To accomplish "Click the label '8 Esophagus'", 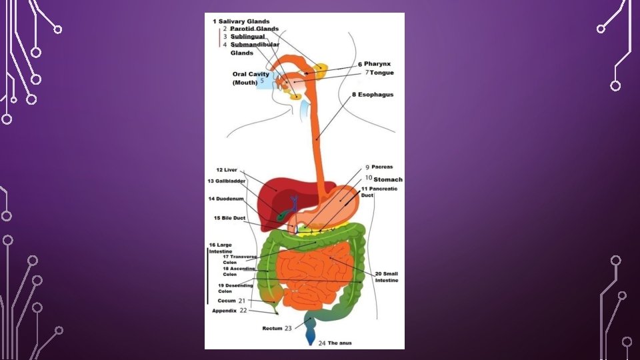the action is pyautogui.click(x=373, y=95).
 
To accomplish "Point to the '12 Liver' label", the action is pyautogui.click(x=227, y=170).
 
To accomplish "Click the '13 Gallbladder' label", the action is pyautogui.click(x=227, y=181).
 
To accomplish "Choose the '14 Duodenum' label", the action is pyautogui.click(x=226, y=199).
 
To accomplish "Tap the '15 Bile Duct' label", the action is pyautogui.click(x=229, y=218).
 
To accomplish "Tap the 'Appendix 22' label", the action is pyautogui.click(x=229, y=311).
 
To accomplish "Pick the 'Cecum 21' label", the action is pyautogui.click(x=232, y=301).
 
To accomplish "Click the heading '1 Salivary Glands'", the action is pyautogui.click(x=241, y=21).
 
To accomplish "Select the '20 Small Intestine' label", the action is pyautogui.click(x=386, y=277).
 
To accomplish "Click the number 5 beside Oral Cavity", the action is pyautogui.click(x=263, y=81).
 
